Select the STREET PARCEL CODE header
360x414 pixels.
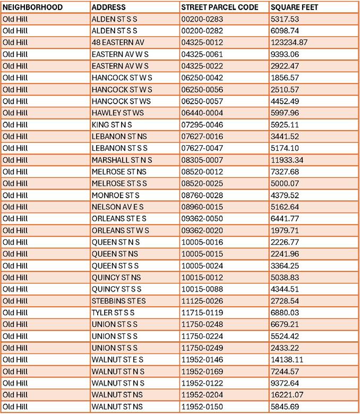tap(219, 7)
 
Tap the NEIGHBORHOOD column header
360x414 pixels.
tap(32, 7)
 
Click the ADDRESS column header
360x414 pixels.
tap(108, 7)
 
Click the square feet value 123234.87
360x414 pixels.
tap(289, 43)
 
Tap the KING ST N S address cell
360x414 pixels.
tap(112, 124)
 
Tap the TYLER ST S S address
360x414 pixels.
tap(113, 312)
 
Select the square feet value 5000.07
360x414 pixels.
tap(285, 183)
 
